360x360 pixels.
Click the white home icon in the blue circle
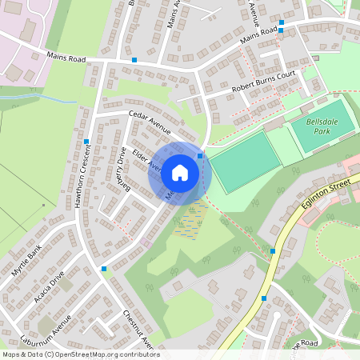180,171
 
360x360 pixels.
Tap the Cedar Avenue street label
150,122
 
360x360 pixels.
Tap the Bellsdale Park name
322,126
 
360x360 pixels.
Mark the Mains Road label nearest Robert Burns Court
258,34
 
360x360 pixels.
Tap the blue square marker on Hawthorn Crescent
86,142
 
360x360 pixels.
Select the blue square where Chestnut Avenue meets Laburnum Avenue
104,269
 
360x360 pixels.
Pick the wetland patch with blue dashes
190,220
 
